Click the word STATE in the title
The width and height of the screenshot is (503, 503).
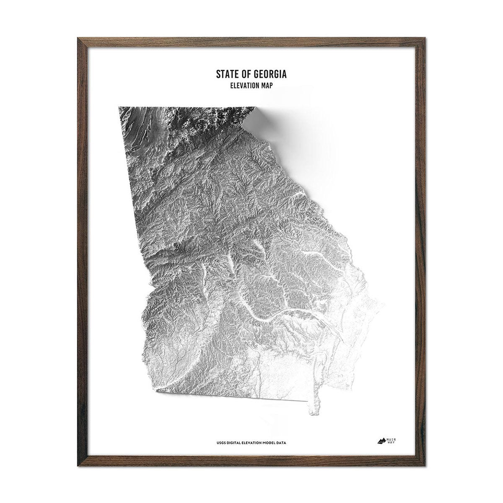(x=227, y=75)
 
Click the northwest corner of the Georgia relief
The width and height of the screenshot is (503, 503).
(x=119, y=107)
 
